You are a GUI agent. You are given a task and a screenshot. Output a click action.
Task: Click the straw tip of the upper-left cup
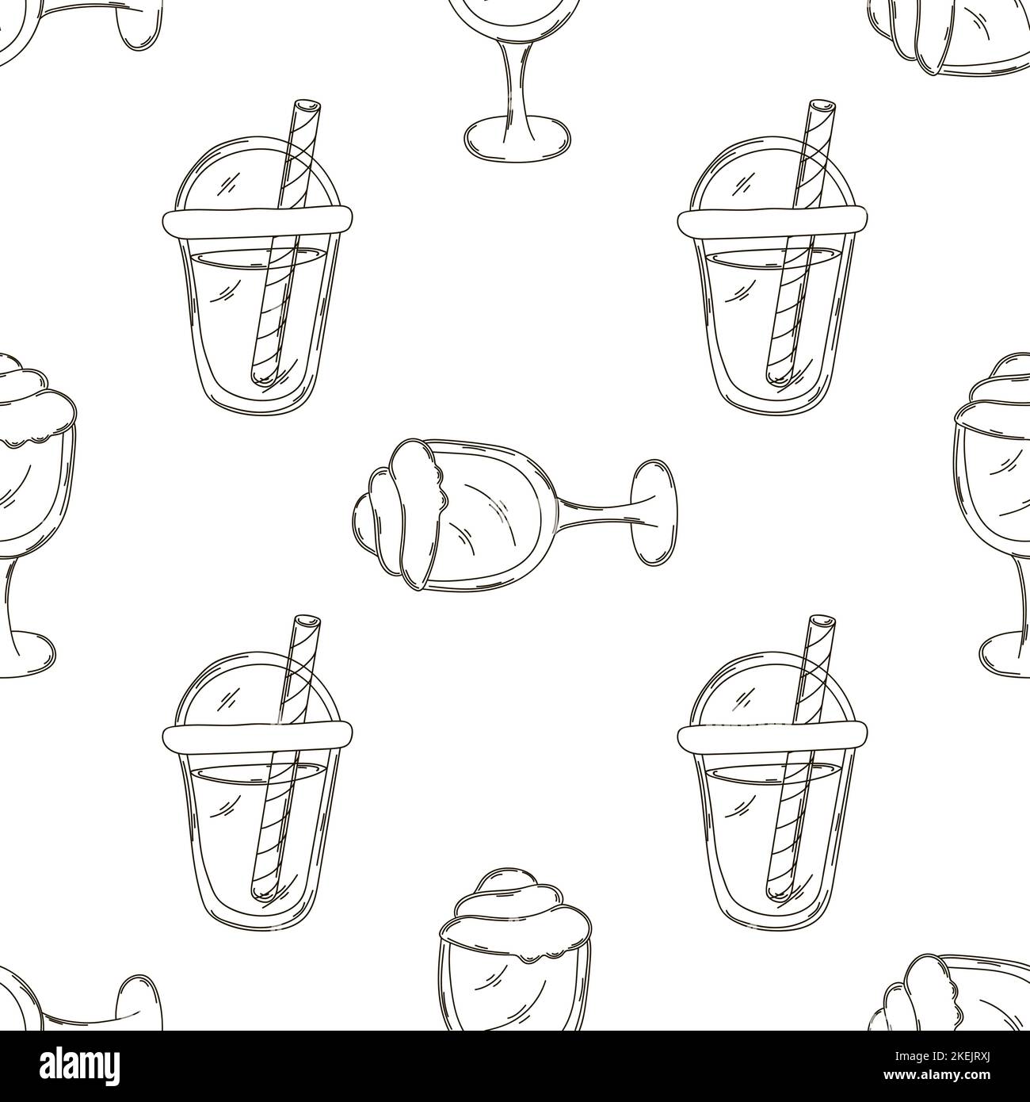[x=303, y=106]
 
